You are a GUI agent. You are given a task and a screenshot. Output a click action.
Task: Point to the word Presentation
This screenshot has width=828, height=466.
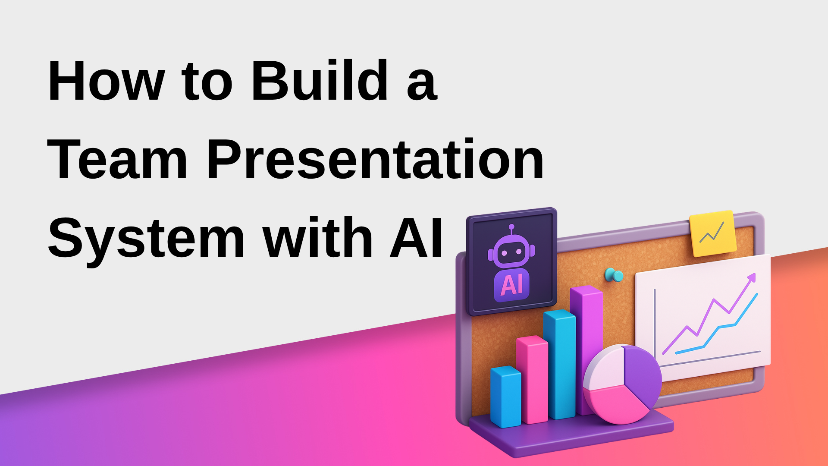[x=375, y=160]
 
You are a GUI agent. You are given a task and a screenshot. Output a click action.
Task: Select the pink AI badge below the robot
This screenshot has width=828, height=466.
[x=511, y=285]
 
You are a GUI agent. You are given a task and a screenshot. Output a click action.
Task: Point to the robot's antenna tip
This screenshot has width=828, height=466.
[x=511, y=226]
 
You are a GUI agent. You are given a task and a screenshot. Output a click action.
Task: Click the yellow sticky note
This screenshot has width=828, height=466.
[x=712, y=233]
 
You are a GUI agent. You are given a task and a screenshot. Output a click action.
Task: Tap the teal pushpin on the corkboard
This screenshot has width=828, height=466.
[x=614, y=275]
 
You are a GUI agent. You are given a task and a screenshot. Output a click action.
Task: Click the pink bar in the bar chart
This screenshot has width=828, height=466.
[x=532, y=380]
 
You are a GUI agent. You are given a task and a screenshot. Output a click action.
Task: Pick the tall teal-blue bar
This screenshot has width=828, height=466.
[x=559, y=365]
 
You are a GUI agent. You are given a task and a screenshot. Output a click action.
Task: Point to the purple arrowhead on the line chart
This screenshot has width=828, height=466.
[x=752, y=278]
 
